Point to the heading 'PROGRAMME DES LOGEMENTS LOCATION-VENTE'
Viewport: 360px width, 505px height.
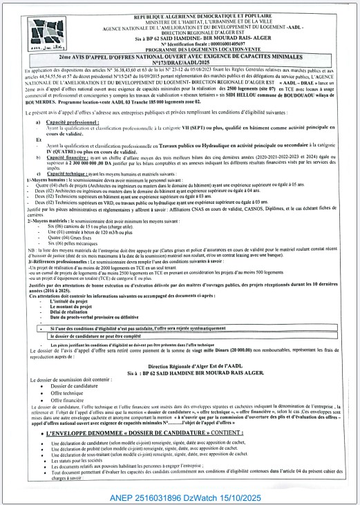[191, 48]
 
